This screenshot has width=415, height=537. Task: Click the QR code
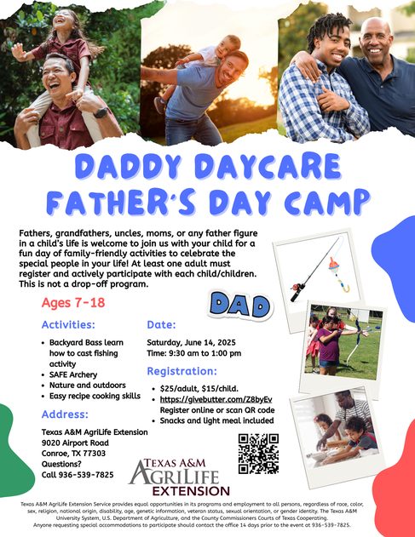(258, 454)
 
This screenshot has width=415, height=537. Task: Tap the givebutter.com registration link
(216, 399)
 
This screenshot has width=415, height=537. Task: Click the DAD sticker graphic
(239, 305)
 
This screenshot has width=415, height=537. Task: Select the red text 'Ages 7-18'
(73, 303)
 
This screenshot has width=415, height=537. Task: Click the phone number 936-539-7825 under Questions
(86, 475)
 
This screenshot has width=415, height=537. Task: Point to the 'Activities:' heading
(68, 324)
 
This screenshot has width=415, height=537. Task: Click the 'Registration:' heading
(182, 371)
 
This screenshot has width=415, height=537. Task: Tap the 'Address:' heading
(65, 414)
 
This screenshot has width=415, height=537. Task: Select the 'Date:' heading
(161, 324)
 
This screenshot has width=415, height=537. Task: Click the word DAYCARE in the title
(269, 167)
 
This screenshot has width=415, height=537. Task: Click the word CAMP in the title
(327, 202)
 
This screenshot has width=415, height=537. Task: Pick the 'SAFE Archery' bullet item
(73, 374)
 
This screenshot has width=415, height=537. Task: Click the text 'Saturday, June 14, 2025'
(191, 342)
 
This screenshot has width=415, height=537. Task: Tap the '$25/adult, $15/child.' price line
(199, 389)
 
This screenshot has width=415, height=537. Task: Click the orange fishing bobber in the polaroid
(335, 265)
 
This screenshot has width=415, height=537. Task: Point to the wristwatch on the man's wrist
(101, 112)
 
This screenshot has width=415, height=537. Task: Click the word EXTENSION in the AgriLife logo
(191, 491)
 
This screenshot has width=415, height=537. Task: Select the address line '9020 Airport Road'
(75, 443)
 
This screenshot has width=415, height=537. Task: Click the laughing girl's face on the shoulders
(63, 21)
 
